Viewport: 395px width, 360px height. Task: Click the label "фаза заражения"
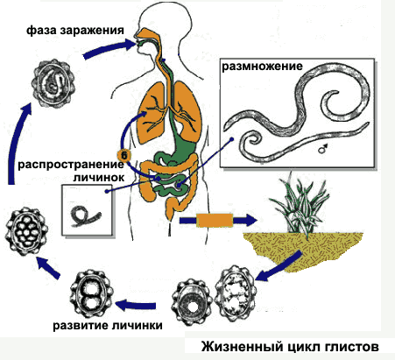click(x=75, y=31)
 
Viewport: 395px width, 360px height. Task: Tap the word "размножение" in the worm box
click(x=262, y=67)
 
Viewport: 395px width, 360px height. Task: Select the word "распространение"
click(x=71, y=165)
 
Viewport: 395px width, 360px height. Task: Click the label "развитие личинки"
click(x=108, y=325)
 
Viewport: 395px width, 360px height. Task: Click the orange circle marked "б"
click(x=124, y=156)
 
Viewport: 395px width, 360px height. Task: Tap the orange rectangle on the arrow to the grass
click(x=215, y=221)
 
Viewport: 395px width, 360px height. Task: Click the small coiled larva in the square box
click(x=85, y=215)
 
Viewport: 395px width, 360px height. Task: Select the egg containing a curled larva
click(x=53, y=83)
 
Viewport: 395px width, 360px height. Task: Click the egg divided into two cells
click(x=91, y=294)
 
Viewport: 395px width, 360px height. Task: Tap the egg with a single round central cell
click(x=192, y=304)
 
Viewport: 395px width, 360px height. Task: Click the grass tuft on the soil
click(x=300, y=204)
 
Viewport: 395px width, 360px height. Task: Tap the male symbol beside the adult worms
click(x=322, y=149)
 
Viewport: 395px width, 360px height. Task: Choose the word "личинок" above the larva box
click(x=99, y=178)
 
